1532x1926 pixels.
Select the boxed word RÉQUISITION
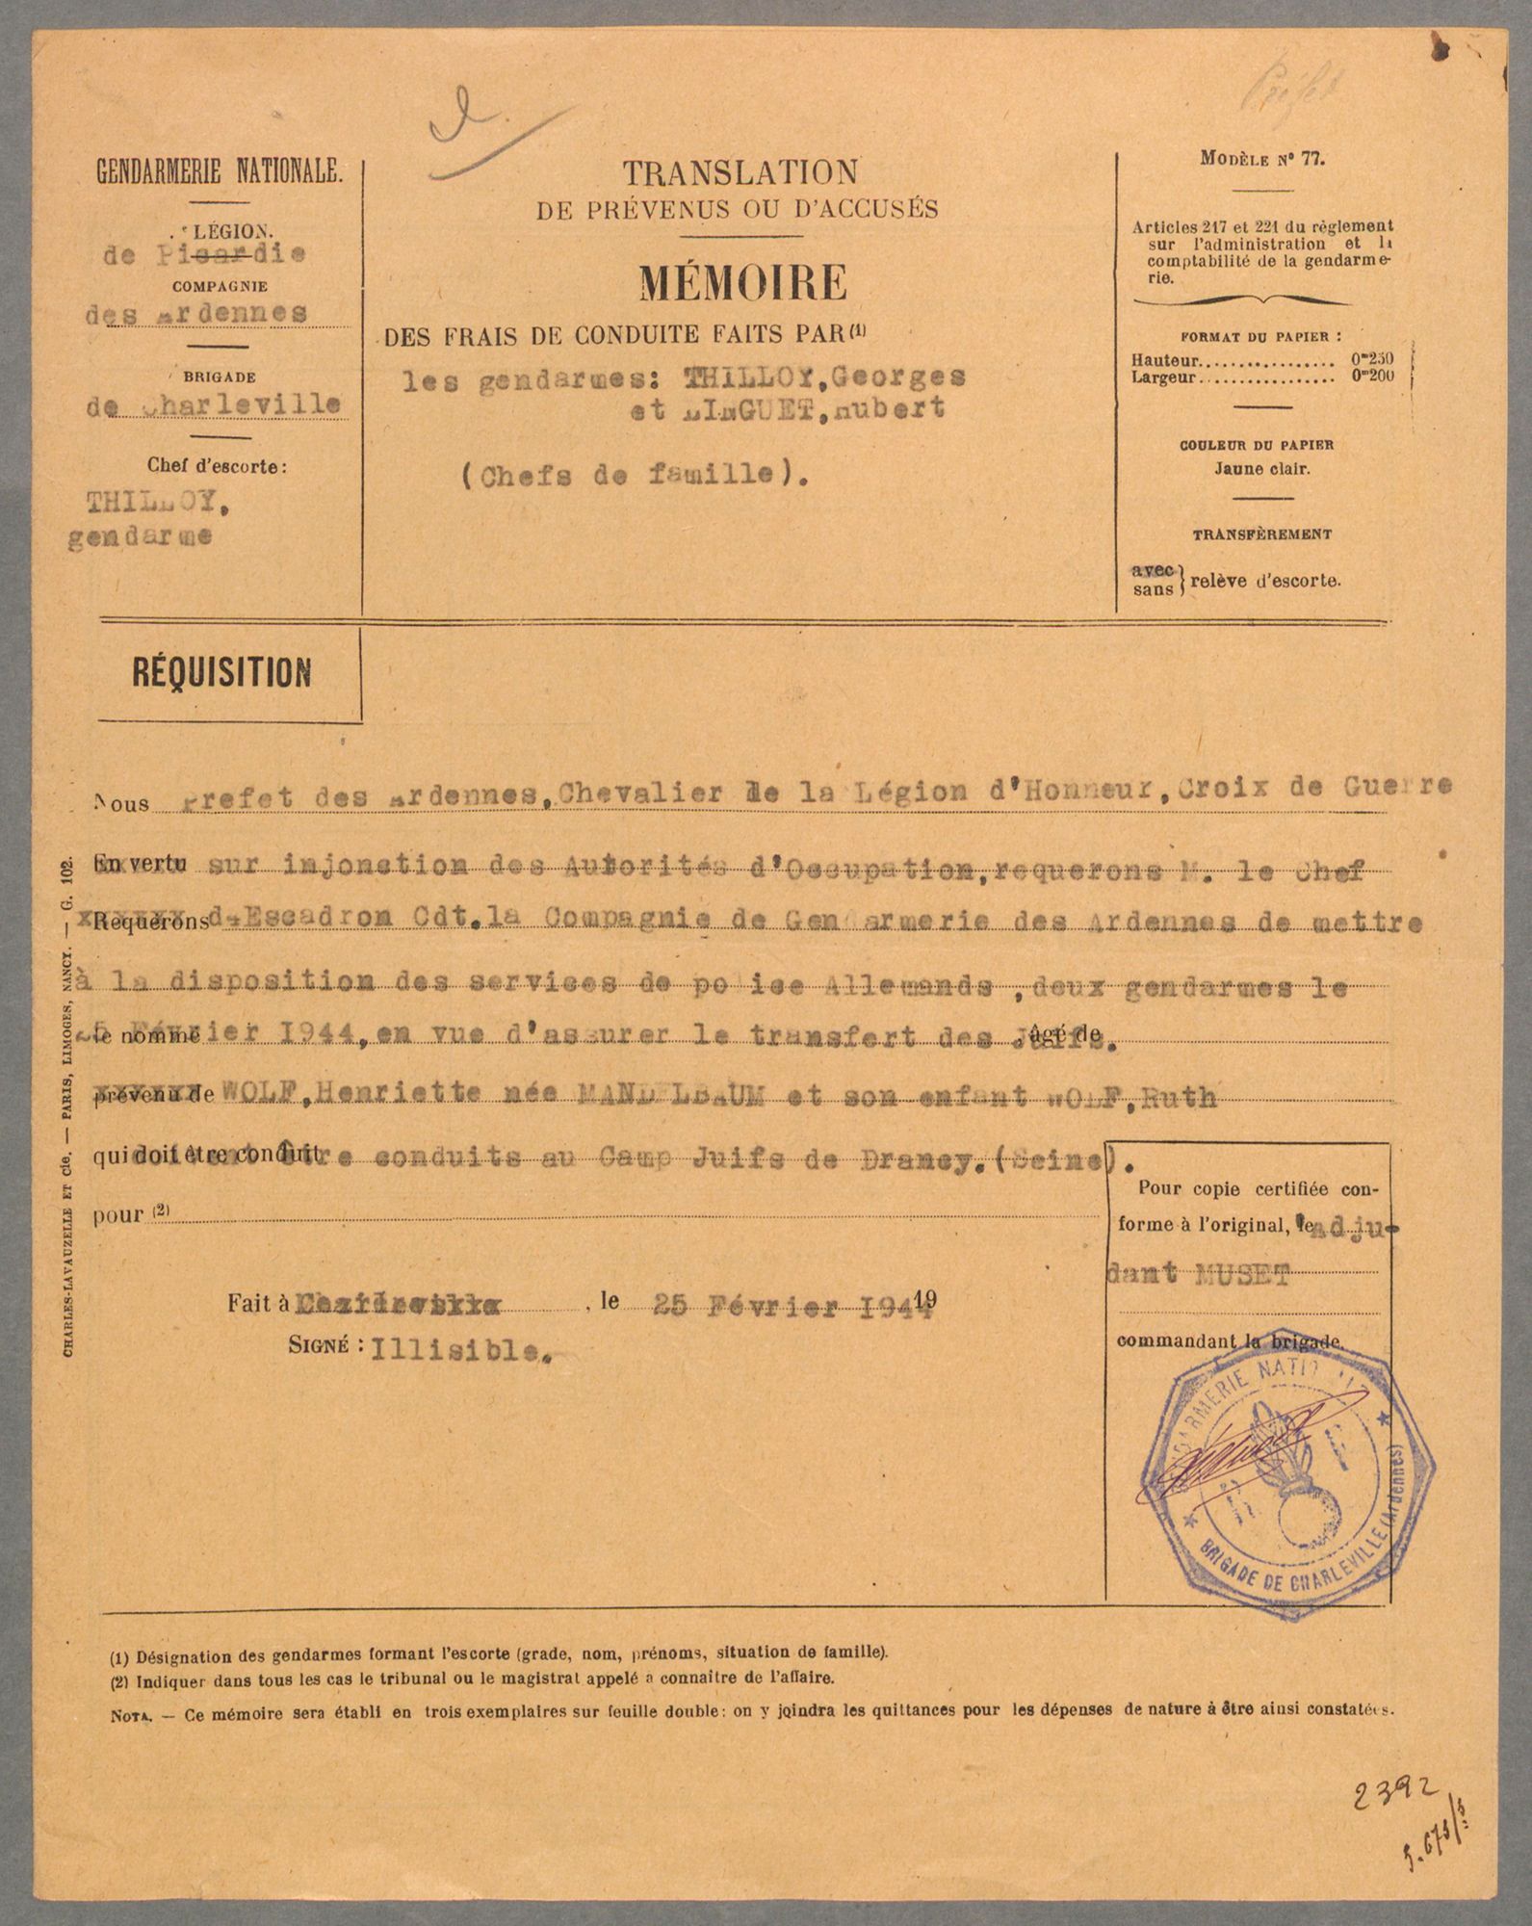click(x=221, y=672)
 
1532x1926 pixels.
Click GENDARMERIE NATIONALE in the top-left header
click(x=219, y=173)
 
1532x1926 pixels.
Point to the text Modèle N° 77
click(x=1262, y=161)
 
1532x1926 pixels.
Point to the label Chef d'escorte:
click(x=218, y=467)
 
